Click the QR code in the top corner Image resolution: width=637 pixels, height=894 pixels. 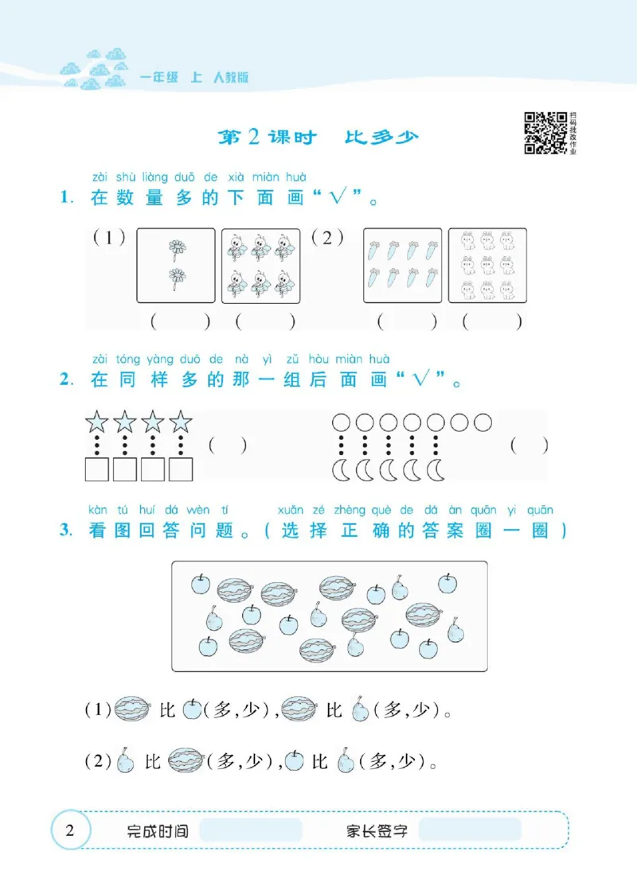click(545, 132)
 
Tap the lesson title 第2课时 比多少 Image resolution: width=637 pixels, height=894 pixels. click(318, 138)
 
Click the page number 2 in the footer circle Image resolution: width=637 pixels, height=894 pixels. click(69, 831)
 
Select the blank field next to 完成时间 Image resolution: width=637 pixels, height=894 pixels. click(251, 830)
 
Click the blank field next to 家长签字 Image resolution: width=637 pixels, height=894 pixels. click(469, 830)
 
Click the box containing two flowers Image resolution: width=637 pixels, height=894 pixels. click(176, 266)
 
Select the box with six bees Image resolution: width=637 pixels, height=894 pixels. click(261, 266)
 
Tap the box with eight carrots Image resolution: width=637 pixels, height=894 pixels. click(402, 266)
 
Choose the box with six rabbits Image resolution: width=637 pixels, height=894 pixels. click(487, 266)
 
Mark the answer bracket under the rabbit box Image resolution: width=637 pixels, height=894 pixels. click(493, 322)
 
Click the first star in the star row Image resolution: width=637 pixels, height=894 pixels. click(96, 422)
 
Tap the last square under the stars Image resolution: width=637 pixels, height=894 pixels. click(182, 470)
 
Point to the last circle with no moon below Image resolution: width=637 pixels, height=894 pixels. click(483, 422)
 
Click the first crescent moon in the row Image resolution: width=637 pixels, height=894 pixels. click(340, 471)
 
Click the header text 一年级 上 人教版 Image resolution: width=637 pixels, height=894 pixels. click(194, 78)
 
